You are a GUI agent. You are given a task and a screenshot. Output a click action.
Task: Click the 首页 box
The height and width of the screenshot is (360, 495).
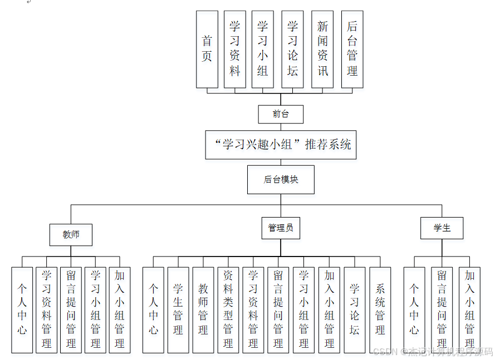207,49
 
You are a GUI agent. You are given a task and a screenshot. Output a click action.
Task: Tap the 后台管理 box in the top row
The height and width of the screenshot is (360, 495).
352,49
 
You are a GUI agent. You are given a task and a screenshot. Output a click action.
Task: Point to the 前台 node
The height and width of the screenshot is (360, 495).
281,114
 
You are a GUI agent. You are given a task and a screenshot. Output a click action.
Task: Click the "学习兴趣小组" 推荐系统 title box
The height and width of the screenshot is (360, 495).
281,145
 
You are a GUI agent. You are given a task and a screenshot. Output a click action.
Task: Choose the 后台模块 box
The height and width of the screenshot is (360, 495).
281,179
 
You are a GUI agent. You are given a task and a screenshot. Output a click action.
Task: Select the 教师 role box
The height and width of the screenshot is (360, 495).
71,234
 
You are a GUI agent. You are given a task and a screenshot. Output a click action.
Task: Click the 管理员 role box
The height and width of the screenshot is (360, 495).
281,228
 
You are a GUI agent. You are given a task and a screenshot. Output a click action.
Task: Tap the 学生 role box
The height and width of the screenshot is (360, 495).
442,228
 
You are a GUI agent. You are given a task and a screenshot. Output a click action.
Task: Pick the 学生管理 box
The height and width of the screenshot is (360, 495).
178,309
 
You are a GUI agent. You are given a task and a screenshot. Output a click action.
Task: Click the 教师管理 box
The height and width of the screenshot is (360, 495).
203,309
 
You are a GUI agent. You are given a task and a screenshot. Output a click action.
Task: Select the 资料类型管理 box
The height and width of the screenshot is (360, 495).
228,309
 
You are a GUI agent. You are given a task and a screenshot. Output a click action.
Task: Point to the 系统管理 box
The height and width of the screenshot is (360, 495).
380,309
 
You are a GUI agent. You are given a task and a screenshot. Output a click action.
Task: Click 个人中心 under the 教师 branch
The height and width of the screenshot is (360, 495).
22,309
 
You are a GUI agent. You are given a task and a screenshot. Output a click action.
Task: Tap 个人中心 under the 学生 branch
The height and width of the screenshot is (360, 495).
414,309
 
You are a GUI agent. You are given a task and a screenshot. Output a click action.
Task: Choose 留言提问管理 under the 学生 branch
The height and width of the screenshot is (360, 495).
442,309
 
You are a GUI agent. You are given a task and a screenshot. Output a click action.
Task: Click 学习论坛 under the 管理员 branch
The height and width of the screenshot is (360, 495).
355,309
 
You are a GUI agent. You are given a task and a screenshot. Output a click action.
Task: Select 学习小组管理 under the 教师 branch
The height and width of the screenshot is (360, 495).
95,309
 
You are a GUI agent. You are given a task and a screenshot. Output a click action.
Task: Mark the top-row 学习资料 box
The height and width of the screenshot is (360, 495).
235,49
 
